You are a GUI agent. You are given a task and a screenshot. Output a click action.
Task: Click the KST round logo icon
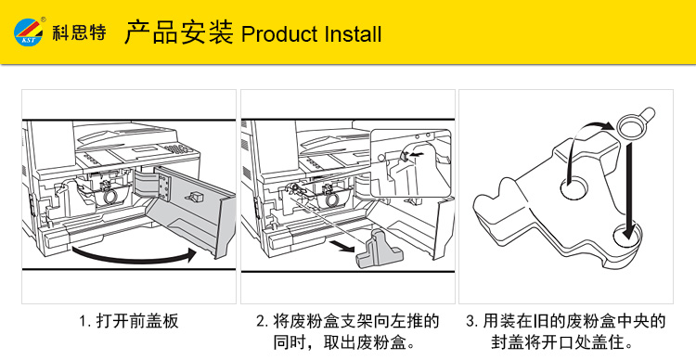[x=29, y=32]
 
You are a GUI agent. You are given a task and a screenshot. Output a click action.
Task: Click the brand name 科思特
[x=79, y=32]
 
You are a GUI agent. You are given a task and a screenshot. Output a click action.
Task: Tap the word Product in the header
[x=279, y=34]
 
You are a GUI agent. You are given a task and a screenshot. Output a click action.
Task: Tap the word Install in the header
[x=354, y=33]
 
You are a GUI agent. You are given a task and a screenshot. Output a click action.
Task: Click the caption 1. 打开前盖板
[x=129, y=320]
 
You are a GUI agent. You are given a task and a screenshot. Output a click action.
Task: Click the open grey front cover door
[x=192, y=209]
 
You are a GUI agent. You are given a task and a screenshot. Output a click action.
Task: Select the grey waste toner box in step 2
[x=379, y=251]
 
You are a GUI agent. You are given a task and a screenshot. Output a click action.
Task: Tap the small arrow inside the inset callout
[x=416, y=155]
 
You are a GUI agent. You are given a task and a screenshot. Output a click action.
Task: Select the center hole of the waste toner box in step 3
[x=574, y=187]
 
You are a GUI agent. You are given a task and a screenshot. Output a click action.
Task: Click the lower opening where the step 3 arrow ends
[x=627, y=236]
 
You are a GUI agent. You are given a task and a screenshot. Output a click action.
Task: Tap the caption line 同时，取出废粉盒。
[x=344, y=342]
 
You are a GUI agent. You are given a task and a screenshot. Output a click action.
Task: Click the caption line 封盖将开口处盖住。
[x=563, y=342]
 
